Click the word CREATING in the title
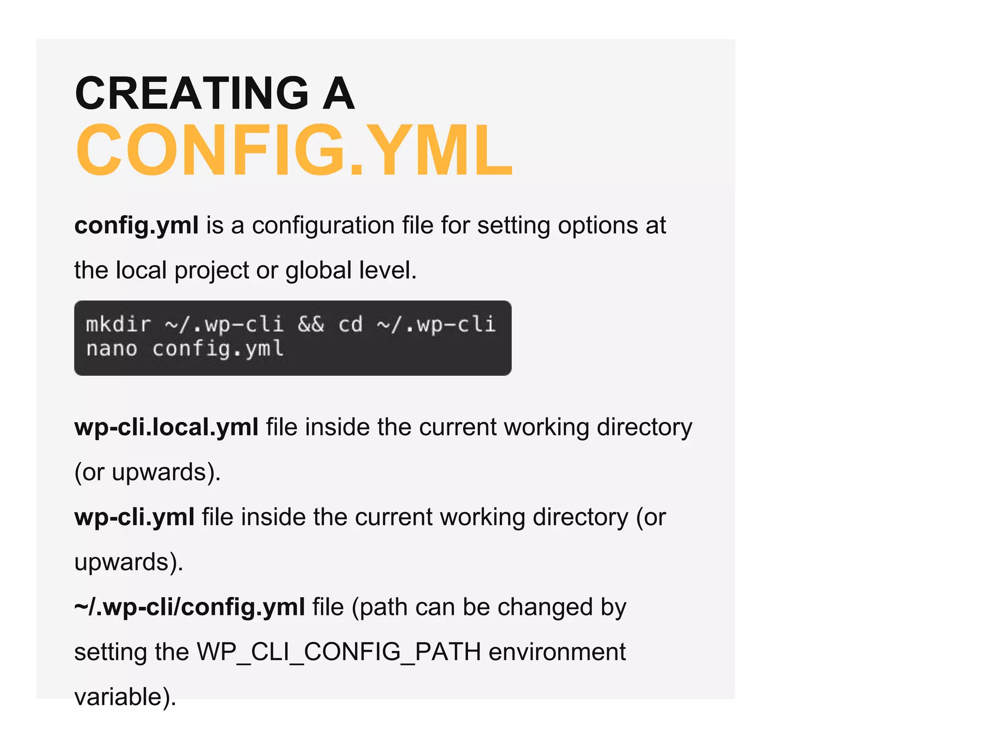192,93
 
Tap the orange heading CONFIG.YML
294,150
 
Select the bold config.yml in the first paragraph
136,225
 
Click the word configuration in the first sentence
323,225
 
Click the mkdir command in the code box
118,324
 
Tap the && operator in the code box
311,324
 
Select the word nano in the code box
111,349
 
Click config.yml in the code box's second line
218,349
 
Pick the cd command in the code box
350,324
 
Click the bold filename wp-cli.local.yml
166,427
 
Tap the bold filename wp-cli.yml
135,517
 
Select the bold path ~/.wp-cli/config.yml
189,607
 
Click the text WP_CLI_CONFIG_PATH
339,652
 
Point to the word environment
557,652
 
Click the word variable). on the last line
125,697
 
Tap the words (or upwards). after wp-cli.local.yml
148,472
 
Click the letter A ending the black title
338,93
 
